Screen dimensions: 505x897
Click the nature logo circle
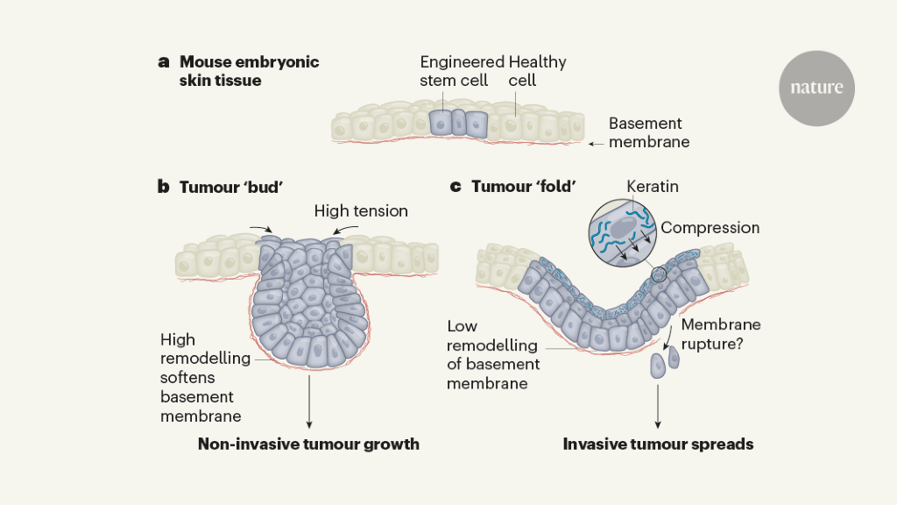816,89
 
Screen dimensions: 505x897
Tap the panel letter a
163,62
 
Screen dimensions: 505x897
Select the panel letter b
163,187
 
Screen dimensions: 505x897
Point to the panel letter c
455,187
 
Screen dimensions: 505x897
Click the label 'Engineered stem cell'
462,71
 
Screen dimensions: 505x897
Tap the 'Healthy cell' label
537,71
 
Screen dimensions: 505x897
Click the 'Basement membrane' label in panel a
649,132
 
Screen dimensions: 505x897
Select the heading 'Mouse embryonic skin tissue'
249,71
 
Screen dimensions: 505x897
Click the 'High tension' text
361,211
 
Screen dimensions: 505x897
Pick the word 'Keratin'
653,187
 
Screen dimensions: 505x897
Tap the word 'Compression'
710,228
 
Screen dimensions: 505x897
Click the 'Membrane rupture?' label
721,334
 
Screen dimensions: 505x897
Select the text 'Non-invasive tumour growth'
308,444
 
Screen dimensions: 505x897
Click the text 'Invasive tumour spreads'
658,444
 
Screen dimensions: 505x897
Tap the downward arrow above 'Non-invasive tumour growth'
309,402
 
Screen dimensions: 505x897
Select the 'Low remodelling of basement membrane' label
493,354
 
